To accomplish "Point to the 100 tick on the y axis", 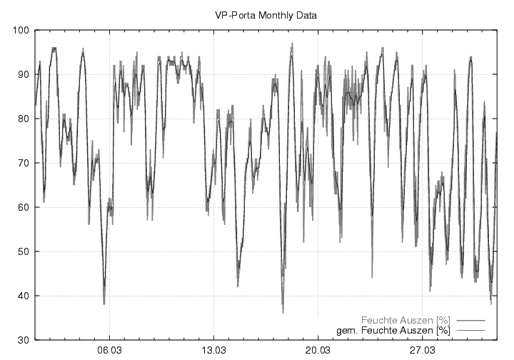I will point(19,30).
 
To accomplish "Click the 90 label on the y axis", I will point(21,74).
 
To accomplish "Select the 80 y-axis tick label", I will point(21,119).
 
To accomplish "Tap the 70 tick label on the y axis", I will point(21,163).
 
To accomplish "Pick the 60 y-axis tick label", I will point(21,207).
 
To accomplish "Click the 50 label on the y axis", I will point(21,251).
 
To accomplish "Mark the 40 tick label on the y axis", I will point(21,296).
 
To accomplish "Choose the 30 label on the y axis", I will point(21,340).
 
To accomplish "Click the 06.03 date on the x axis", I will point(109,351).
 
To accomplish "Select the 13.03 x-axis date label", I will point(213,351).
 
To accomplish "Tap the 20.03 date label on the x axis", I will point(318,351).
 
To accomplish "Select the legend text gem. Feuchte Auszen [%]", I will point(393,331).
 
